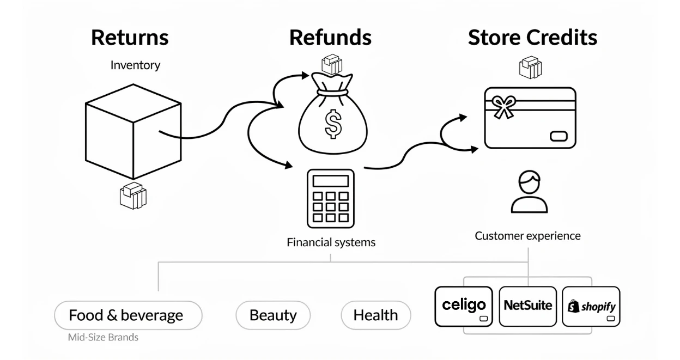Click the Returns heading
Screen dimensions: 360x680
pyautogui.click(x=130, y=38)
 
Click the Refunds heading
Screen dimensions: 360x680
pyautogui.click(x=330, y=38)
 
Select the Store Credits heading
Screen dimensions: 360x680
pyautogui.click(x=532, y=38)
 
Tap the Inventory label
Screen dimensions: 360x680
pyautogui.click(x=135, y=65)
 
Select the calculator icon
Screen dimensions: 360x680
pyautogui.click(x=330, y=198)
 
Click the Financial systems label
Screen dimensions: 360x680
pyautogui.click(x=331, y=242)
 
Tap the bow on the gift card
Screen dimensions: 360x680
pyautogui.click(x=503, y=106)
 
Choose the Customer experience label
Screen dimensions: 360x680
pyautogui.click(x=527, y=236)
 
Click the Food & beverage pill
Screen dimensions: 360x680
pyautogui.click(x=128, y=315)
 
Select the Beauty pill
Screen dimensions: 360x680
pyautogui.click(x=273, y=315)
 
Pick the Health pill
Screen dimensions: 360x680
pyautogui.click(x=375, y=315)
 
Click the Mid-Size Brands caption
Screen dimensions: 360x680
pyautogui.click(x=103, y=337)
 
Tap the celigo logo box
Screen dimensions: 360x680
pyautogui.click(x=464, y=306)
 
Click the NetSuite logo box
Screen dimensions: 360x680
pyautogui.click(x=527, y=306)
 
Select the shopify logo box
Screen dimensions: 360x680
pyautogui.click(x=591, y=306)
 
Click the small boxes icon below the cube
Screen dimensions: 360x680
pyautogui.click(x=133, y=196)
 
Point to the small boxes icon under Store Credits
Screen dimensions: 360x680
pyautogui.click(x=530, y=68)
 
